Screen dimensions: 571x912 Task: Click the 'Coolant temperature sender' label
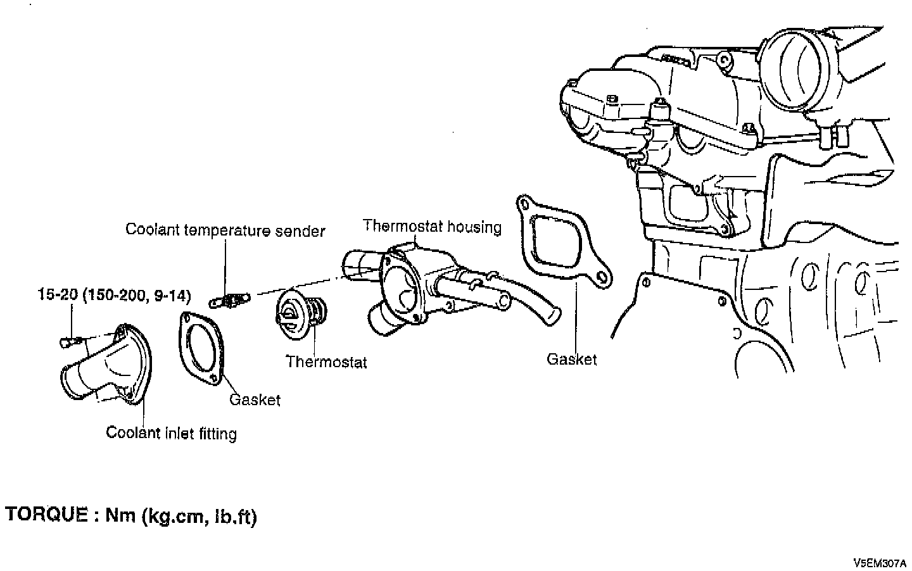click(225, 230)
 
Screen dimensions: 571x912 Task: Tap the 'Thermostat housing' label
click(432, 226)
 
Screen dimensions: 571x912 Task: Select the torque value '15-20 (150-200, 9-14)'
click(114, 295)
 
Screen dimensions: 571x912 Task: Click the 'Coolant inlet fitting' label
click(171, 433)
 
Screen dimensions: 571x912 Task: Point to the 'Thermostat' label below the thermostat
click(326, 362)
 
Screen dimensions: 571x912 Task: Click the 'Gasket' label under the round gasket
click(255, 399)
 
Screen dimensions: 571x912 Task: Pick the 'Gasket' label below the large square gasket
click(571, 360)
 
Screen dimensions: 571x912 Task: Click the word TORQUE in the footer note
click(47, 515)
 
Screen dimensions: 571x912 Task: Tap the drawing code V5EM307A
click(880, 562)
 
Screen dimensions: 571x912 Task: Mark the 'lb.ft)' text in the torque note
click(235, 517)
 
